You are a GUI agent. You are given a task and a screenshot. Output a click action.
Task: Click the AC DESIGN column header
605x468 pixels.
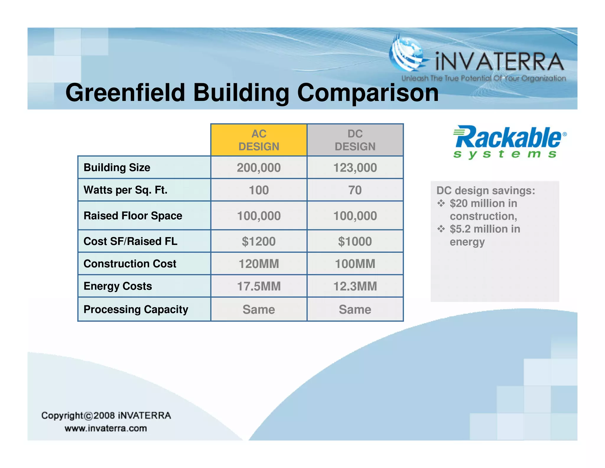coord(258,140)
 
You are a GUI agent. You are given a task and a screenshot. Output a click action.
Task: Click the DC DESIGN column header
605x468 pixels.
coord(355,140)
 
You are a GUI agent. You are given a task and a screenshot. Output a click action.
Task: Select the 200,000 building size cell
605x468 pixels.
coord(258,167)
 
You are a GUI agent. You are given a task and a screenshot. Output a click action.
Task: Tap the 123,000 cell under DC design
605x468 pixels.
coord(355,167)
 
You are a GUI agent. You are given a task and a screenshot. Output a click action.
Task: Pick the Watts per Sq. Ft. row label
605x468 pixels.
coord(126,190)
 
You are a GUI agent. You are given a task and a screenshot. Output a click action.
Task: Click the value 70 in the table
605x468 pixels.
coord(355,190)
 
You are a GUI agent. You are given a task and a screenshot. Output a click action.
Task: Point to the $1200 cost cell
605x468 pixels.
coord(258,241)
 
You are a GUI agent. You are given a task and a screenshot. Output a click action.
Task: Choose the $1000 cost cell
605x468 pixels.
coord(355,241)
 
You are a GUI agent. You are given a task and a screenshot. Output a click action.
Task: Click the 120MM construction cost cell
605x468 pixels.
coord(258,264)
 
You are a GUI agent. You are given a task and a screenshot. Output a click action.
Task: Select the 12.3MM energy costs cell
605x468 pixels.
coord(355,286)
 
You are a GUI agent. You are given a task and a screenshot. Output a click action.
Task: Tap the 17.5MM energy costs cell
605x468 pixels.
coord(258,286)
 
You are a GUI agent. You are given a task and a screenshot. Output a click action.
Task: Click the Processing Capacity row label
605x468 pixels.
coord(136,309)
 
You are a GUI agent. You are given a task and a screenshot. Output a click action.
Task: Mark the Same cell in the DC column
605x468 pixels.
coord(355,309)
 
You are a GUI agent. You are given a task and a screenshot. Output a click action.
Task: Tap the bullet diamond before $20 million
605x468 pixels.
coord(441,203)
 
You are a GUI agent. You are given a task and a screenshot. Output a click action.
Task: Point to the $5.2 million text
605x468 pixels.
coord(484,229)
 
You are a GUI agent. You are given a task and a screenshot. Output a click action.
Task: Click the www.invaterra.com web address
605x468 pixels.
coord(106,428)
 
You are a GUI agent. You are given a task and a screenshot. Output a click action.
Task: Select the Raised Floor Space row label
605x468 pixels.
coord(133,216)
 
